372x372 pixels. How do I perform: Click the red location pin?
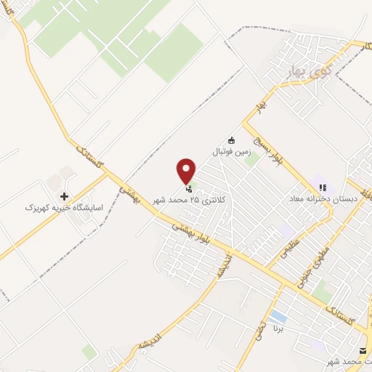click(187, 171)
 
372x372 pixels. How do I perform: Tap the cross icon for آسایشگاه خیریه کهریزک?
click(65, 196)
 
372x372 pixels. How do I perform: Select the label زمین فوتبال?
click(230, 153)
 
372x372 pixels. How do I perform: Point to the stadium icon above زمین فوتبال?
click(232, 140)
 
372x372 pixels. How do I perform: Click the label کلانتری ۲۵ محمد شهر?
click(189, 199)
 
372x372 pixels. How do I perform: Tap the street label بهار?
click(257, 107)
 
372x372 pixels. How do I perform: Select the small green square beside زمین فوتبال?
click(251, 160)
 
